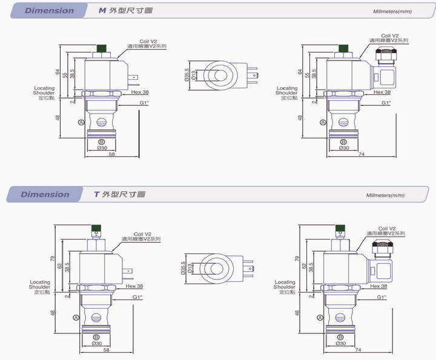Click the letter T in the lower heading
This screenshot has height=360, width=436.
click(96, 194)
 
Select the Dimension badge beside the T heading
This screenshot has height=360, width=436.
click(45, 194)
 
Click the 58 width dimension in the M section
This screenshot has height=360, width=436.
click(112, 155)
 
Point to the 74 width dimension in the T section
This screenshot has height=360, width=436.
click(359, 350)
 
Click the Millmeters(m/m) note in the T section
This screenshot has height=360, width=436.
click(385, 195)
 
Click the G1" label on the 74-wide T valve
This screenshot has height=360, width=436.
click(382, 297)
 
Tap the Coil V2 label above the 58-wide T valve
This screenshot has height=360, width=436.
click(142, 234)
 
